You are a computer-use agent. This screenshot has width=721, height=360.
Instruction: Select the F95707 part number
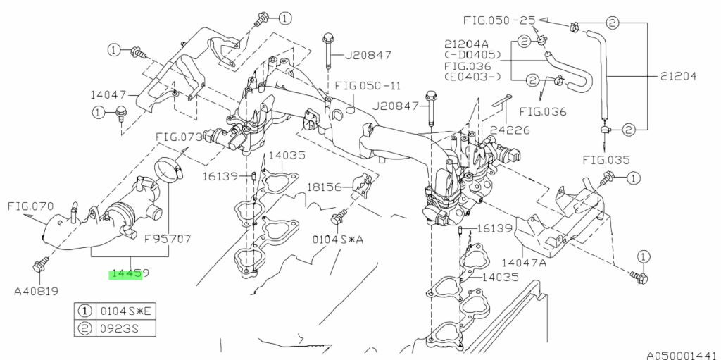168,240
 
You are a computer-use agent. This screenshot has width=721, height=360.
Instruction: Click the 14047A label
524,263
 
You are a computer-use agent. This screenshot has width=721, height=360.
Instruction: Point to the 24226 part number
510,130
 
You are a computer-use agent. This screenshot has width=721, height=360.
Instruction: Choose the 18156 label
325,187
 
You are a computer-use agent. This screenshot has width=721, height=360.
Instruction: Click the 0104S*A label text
338,240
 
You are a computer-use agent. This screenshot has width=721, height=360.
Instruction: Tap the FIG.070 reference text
31,206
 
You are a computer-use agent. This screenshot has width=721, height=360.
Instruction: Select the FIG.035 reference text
606,161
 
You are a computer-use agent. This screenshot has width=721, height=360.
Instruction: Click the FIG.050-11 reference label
368,86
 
